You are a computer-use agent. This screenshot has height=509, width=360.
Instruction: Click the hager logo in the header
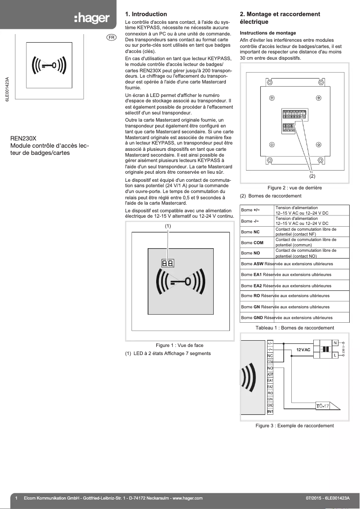pyautogui.click(x=92, y=18)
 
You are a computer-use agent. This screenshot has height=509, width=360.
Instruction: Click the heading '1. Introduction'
pyautogui.click(x=146, y=14)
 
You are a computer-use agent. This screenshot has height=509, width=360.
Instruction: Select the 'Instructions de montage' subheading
pyautogui.click(x=268, y=33)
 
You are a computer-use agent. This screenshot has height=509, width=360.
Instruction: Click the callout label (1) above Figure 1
pyautogui.click(x=168, y=226)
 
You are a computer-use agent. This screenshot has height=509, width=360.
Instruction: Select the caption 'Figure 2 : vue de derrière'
pyautogui.click(x=294, y=188)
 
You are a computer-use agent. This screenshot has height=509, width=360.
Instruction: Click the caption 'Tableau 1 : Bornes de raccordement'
pyautogui.click(x=294, y=328)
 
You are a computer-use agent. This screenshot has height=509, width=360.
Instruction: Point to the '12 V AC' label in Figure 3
pyautogui.click(x=303, y=349)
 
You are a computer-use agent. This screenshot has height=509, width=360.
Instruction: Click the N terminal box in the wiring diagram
pyautogui.click(x=335, y=343)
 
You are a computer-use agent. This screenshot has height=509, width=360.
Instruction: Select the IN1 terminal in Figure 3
pyautogui.click(x=270, y=412)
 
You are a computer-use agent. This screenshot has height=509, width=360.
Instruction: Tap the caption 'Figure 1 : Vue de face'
pyautogui.click(x=179, y=345)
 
